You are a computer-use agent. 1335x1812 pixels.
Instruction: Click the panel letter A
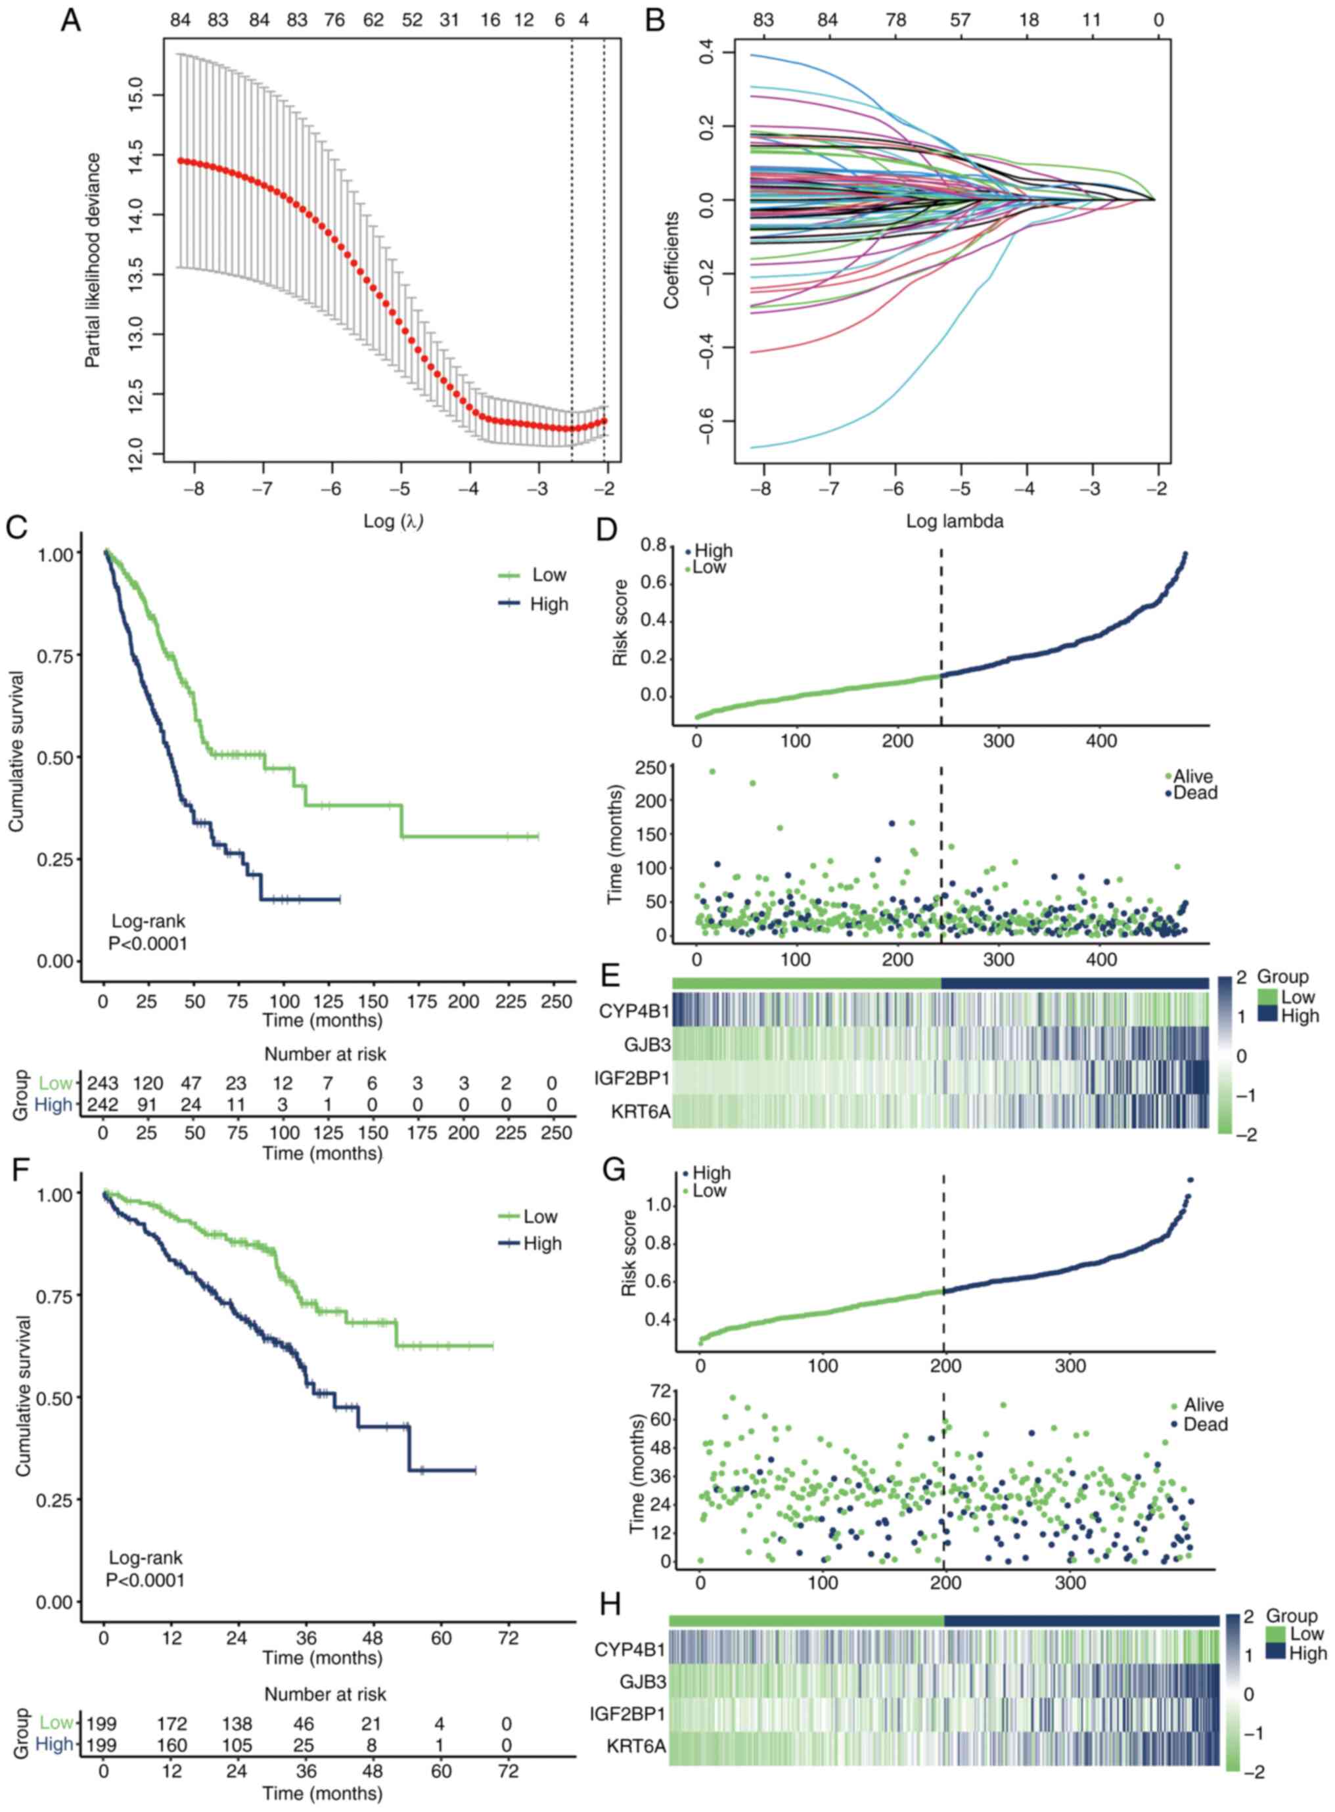pyautogui.click(x=71, y=20)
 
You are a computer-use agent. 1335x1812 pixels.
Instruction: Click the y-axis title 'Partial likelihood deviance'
pyautogui.click(x=94, y=260)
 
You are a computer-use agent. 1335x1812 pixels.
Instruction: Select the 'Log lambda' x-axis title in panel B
pyautogui.click(x=955, y=521)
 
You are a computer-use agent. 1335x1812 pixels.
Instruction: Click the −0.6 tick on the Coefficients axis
pyautogui.click(x=705, y=422)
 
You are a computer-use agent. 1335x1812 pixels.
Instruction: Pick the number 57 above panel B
pyautogui.click(x=960, y=20)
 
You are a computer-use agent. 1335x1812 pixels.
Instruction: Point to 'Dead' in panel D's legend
pyautogui.click(x=1195, y=793)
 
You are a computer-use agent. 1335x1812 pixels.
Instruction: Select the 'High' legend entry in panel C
pyautogui.click(x=549, y=604)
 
